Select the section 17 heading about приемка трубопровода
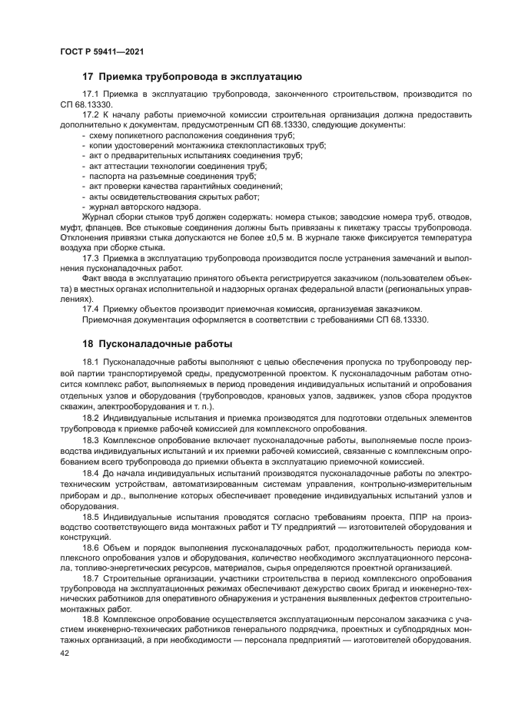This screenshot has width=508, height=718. (191, 76)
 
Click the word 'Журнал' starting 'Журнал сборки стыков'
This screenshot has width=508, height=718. (98, 217)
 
